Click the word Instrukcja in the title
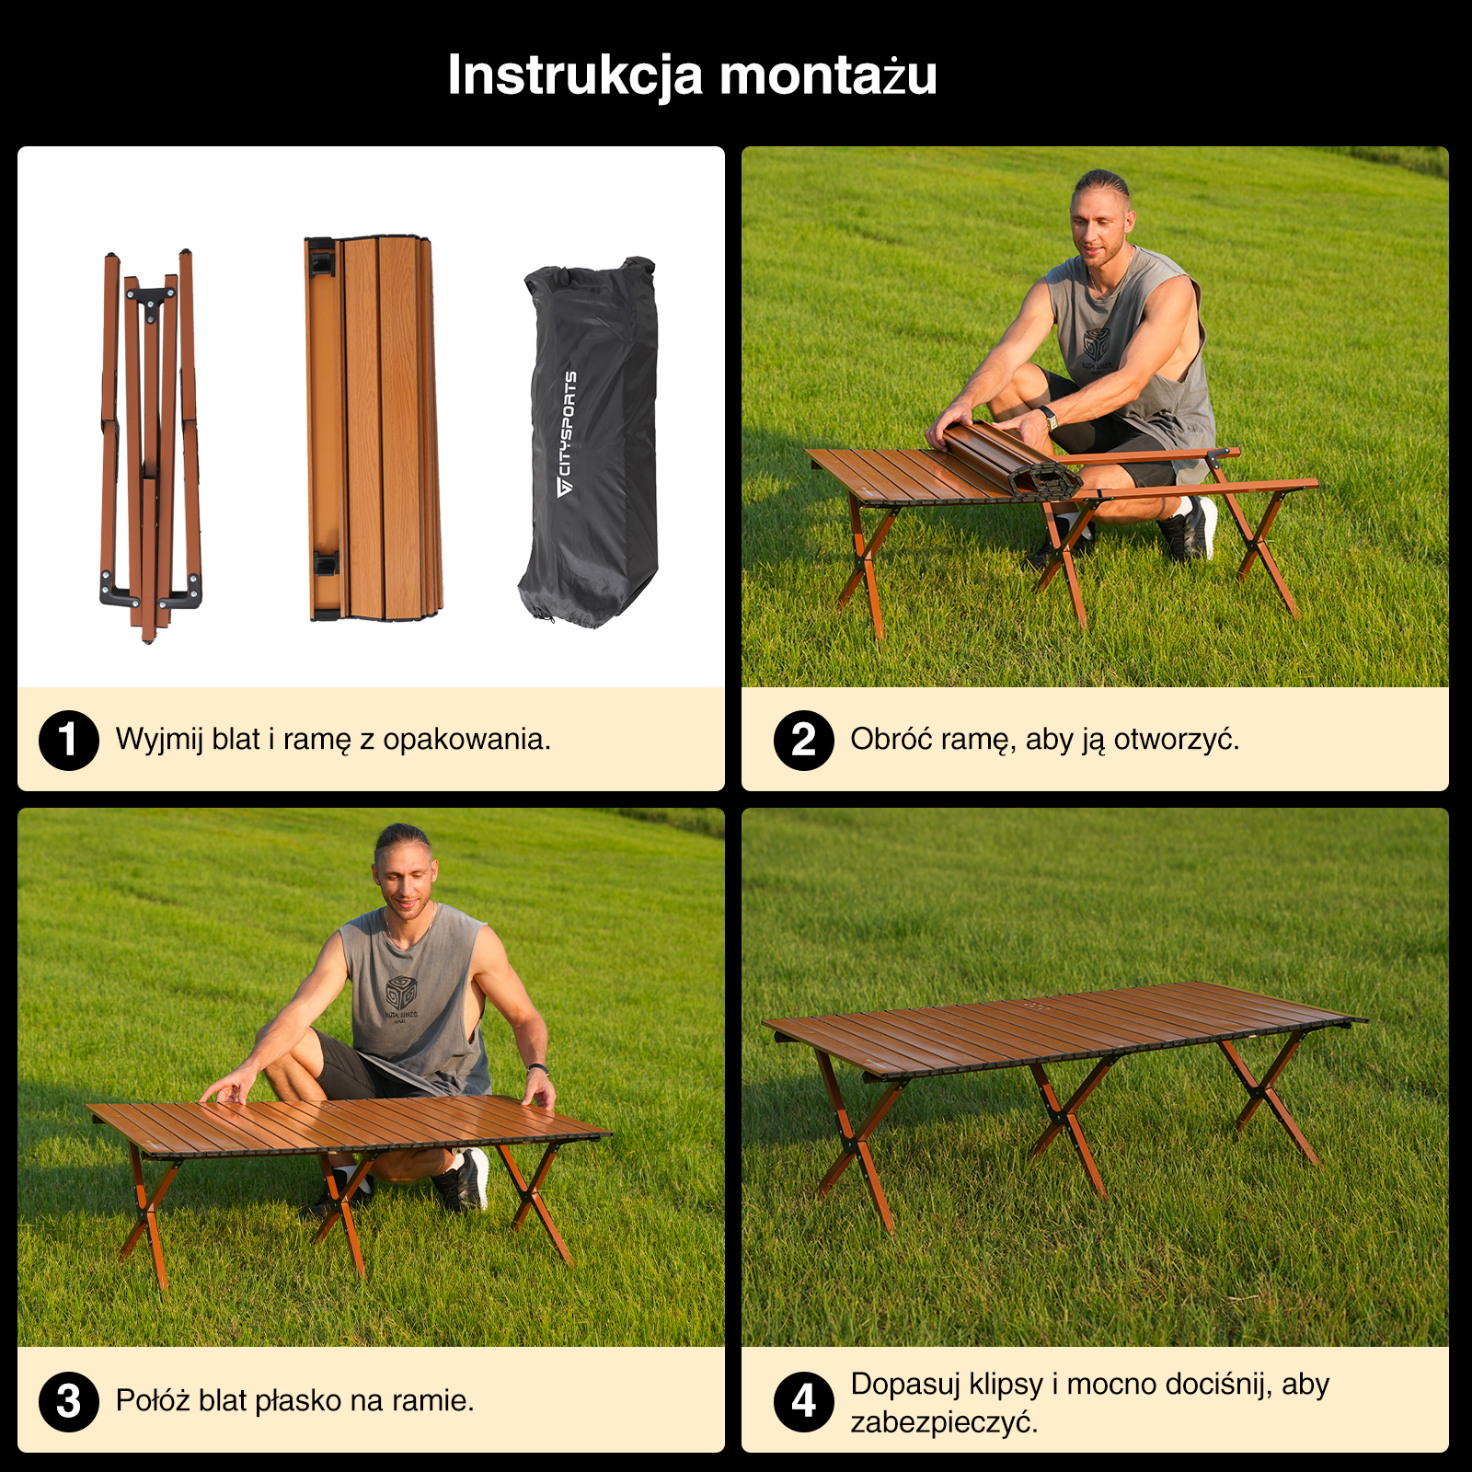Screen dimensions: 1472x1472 (574, 75)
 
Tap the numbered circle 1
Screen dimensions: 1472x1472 (69, 740)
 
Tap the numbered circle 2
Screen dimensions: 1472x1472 (804, 740)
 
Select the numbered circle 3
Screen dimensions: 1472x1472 (69, 1401)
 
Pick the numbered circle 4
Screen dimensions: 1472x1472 (804, 1401)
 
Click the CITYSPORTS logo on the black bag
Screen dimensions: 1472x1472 (567, 433)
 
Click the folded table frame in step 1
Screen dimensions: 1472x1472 (151, 445)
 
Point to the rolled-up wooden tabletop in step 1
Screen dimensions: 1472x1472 (374, 428)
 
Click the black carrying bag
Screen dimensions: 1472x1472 (589, 443)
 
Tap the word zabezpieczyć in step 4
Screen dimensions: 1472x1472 (944, 1422)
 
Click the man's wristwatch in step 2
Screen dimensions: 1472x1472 (1050, 417)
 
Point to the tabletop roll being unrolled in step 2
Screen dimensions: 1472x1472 (1011, 460)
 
